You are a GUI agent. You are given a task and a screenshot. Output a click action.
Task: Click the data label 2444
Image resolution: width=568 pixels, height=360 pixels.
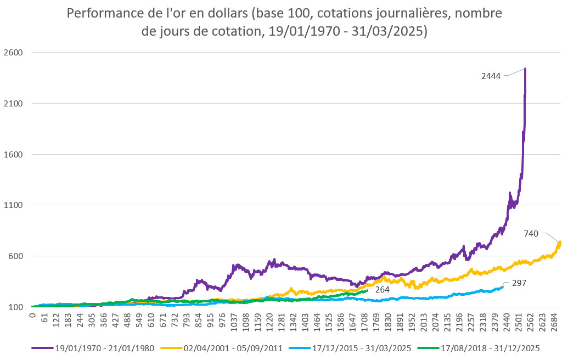pyautogui.click(x=491, y=76)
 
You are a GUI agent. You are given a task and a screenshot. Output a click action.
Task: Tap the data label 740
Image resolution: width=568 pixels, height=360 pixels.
pyautogui.click(x=531, y=234)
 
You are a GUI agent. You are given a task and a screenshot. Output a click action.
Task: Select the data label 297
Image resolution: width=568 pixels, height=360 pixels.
pyautogui.click(x=519, y=284)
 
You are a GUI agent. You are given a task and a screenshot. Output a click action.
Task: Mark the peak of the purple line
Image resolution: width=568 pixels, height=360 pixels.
pyautogui.click(x=525, y=69)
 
